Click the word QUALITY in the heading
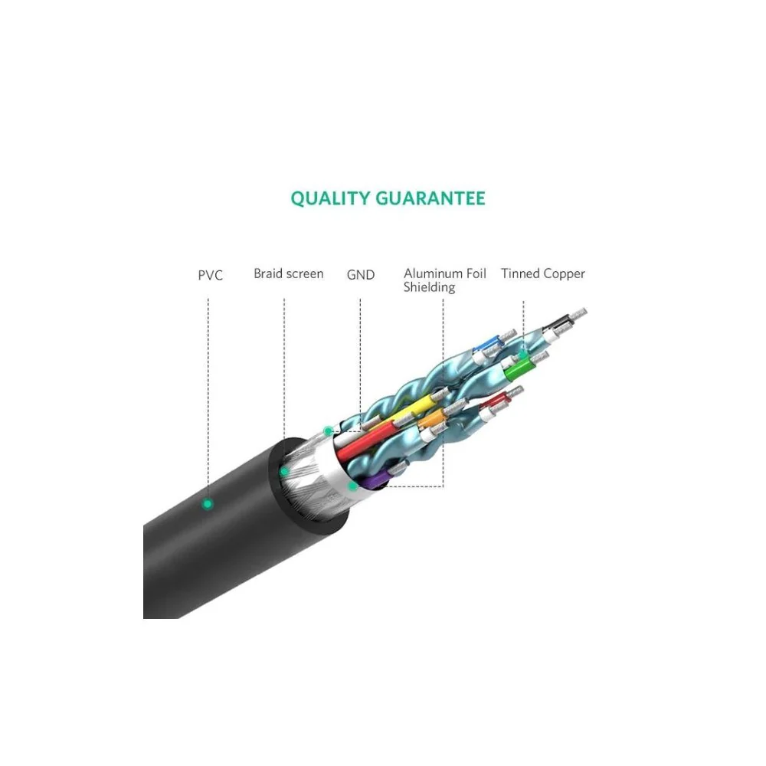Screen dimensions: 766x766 [330, 199]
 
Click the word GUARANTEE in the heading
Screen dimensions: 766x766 [430, 198]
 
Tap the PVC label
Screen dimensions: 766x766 [211, 276]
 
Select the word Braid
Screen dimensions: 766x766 [268, 273]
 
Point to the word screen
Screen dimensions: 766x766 [305, 274]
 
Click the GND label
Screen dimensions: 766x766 [361, 275]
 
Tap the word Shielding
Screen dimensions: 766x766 [430, 287]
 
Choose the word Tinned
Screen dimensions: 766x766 [519, 273]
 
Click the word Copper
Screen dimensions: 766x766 [562, 274]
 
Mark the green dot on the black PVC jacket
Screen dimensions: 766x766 [208, 504]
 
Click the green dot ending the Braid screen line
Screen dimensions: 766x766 [284, 472]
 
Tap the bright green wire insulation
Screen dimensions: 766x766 [518, 369]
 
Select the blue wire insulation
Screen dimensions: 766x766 [486, 342]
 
